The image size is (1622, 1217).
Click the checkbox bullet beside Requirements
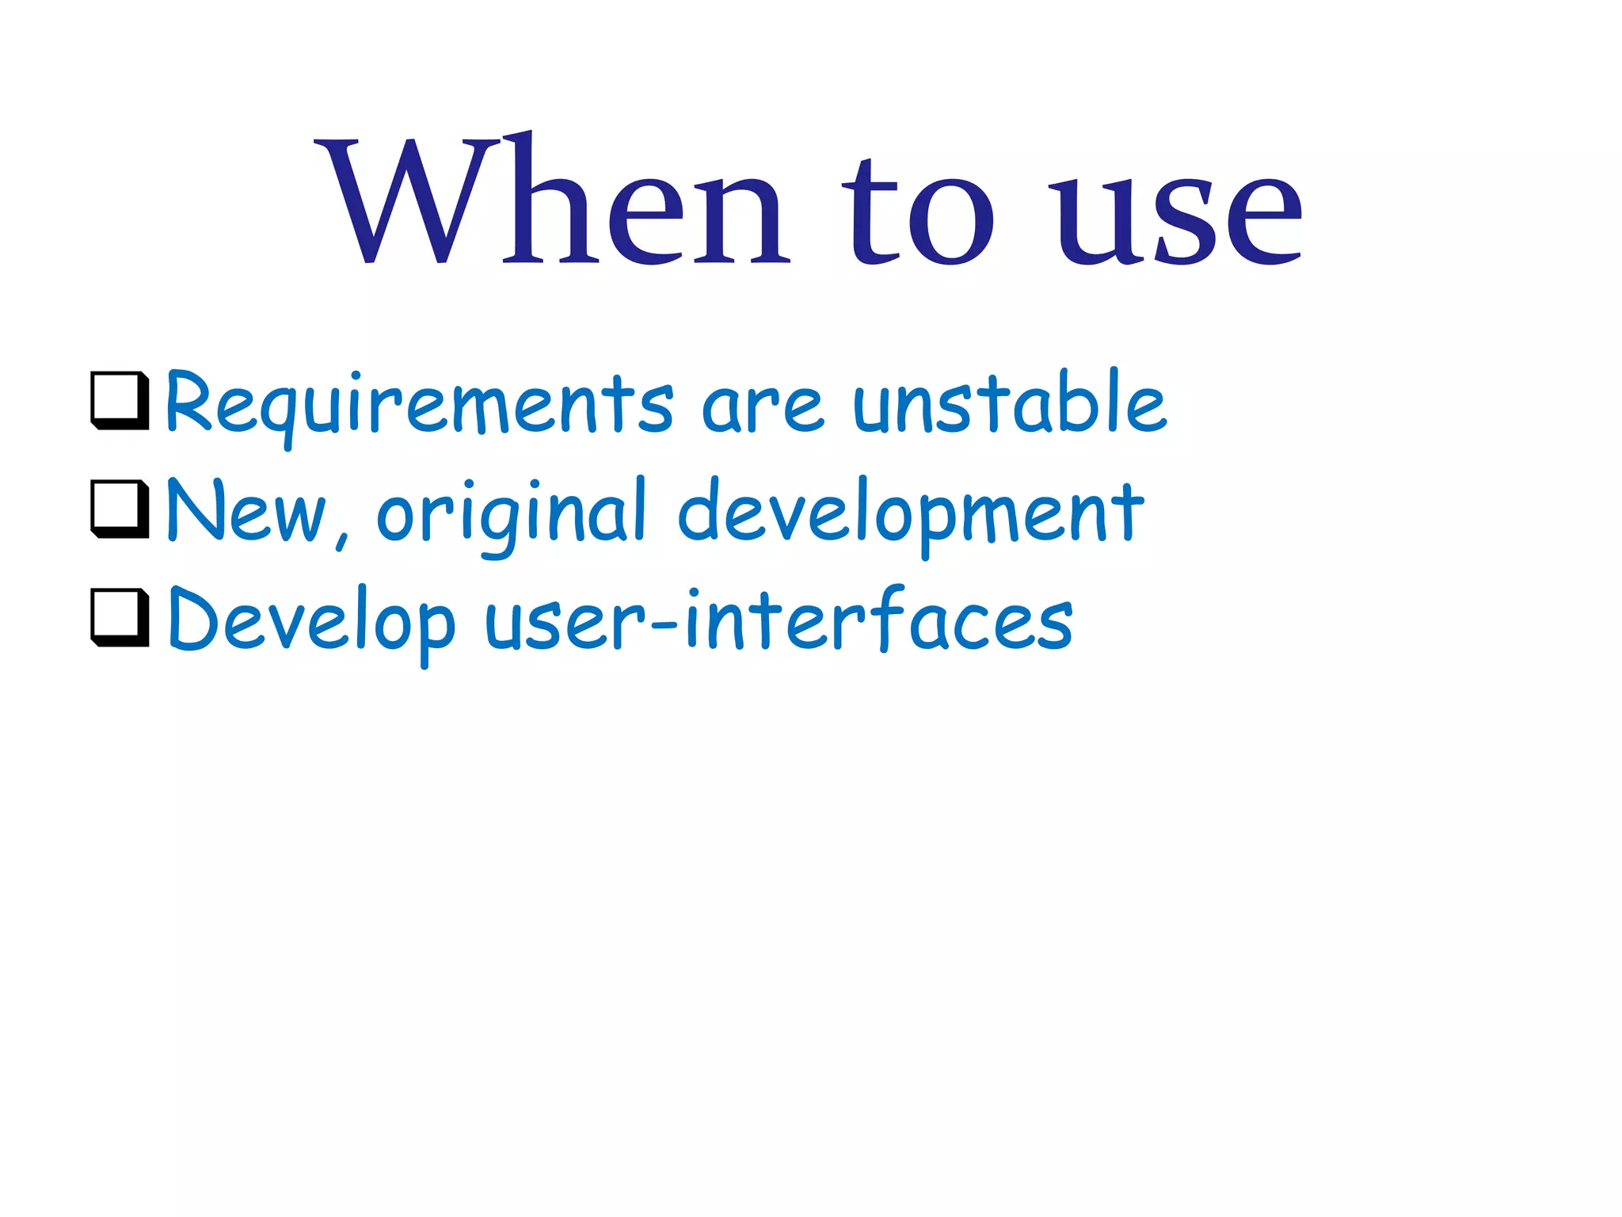(120, 400)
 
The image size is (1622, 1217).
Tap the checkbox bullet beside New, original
(120, 509)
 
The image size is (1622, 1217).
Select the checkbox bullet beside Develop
(120, 617)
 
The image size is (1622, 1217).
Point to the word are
(762, 407)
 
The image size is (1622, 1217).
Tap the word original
(512, 515)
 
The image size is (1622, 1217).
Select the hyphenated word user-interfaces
(779, 623)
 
